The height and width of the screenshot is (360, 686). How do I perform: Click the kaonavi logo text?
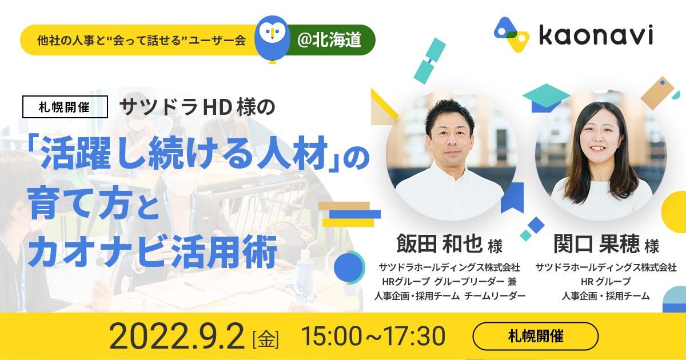pyautogui.click(x=596, y=35)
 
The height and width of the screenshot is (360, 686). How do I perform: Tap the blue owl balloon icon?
pyautogui.click(x=272, y=39)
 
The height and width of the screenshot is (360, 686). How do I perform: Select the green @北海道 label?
pyautogui.click(x=329, y=40)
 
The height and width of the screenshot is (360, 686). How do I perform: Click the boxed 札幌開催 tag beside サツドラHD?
pyautogui.click(x=65, y=107)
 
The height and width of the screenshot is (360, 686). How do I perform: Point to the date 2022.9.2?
pyautogui.click(x=177, y=336)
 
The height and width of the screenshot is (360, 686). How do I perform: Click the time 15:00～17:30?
pyautogui.click(x=373, y=336)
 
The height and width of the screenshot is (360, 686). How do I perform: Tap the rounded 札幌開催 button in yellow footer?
pyautogui.click(x=535, y=336)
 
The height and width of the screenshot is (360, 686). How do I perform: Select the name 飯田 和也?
pyautogui.click(x=440, y=243)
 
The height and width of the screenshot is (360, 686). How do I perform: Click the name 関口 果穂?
pyautogui.click(x=597, y=243)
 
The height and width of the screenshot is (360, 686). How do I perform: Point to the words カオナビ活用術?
pyautogui.click(x=152, y=251)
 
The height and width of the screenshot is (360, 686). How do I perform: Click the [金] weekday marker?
pyautogui.click(x=265, y=338)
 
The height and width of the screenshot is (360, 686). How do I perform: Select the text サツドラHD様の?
pyautogui.click(x=197, y=107)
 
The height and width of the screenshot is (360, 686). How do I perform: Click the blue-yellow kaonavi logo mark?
pyautogui.click(x=512, y=34)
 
